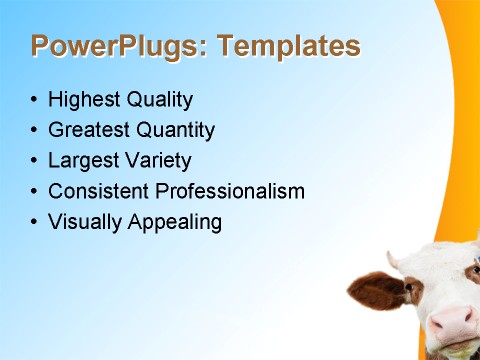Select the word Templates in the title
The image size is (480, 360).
[288, 46]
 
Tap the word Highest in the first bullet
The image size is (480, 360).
[83, 100]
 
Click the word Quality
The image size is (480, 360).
[158, 100]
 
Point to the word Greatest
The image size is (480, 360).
[87, 130]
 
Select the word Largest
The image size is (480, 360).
[82, 160]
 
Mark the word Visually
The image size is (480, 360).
[85, 222]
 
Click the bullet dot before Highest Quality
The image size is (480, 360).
[35, 101]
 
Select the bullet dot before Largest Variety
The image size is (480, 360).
[35, 161]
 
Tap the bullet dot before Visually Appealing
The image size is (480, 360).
[35, 222]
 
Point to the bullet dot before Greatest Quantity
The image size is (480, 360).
[35, 131]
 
